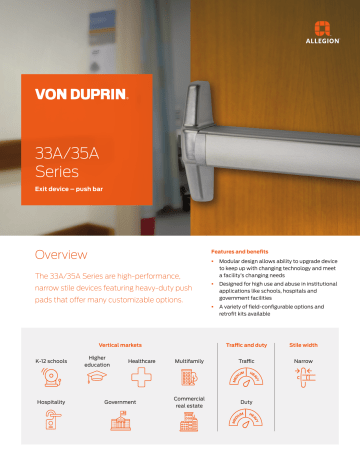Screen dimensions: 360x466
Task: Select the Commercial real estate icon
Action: [189, 424]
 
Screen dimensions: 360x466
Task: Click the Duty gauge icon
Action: [247, 421]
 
